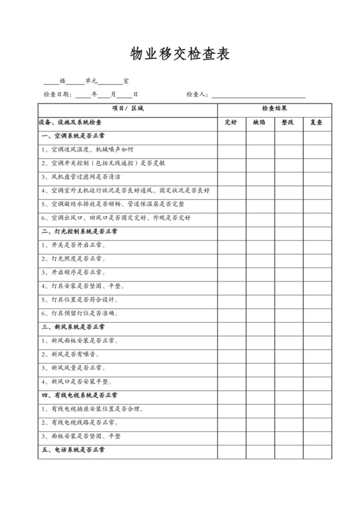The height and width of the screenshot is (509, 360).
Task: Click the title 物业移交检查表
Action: tap(179, 53)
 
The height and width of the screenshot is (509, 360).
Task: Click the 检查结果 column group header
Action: tap(274, 109)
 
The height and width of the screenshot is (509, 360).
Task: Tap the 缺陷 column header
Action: tap(260, 122)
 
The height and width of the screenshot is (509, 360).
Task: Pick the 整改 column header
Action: tap(288, 122)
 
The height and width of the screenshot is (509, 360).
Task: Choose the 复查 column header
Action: tap(317, 122)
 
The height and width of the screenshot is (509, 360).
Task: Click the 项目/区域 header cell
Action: tap(128, 109)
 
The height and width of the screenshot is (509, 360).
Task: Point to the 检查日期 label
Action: tap(57, 94)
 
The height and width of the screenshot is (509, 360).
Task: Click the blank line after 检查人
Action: tap(257, 95)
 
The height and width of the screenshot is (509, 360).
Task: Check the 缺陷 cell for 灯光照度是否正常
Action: tap(260, 258)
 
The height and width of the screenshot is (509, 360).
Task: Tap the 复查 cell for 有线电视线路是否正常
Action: tap(317, 422)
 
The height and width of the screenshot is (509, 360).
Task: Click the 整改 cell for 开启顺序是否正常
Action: tap(288, 272)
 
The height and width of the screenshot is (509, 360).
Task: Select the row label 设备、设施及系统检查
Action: tap(70, 122)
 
